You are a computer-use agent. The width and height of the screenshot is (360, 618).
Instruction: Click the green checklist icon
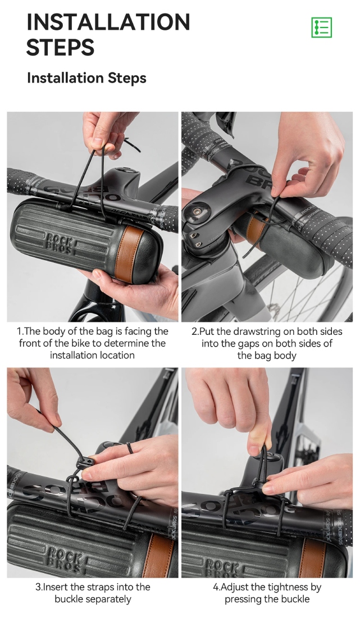click(x=321, y=27)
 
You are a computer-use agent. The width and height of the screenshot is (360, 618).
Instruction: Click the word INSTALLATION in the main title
click(x=108, y=22)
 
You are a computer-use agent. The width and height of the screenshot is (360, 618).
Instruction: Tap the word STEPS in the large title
click(x=60, y=47)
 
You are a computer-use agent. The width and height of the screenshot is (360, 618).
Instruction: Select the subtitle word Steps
click(x=127, y=78)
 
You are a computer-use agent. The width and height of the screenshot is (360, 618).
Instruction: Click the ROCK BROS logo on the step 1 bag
click(x=60, y=244)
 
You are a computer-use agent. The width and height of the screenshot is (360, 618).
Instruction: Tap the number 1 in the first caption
click(x=19, y=331)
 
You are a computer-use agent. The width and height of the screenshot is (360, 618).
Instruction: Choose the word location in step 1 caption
click(x=117, y=355)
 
